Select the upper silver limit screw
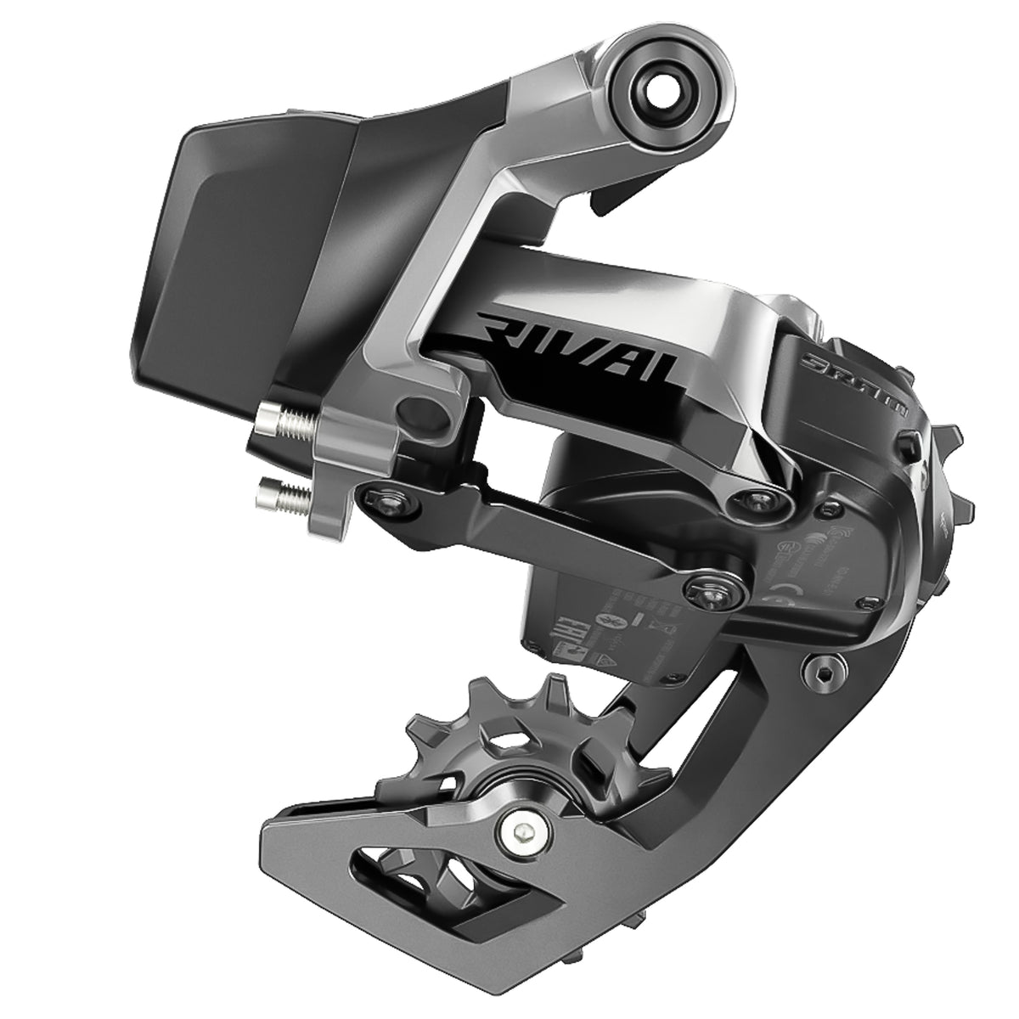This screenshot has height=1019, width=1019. coord(289,416)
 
